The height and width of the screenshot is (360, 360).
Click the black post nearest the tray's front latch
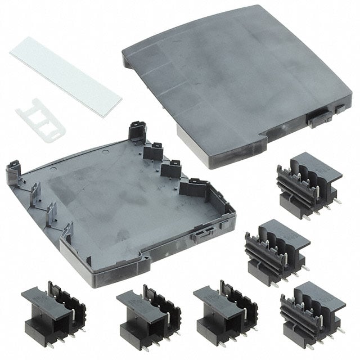194,188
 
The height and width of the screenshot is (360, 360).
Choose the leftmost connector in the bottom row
53,309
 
